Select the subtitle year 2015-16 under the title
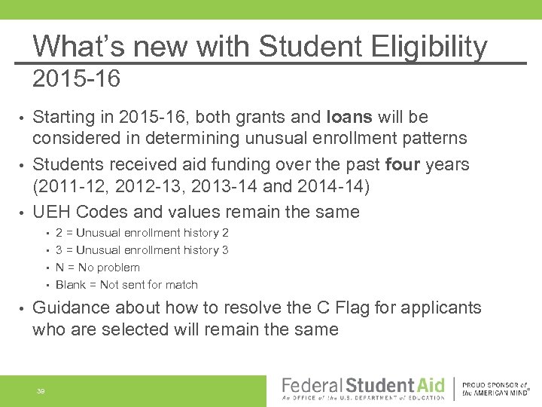pos(76,78)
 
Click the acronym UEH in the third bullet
pos(51,213)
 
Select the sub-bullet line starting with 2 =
pos(142,233)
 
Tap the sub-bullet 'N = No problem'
pos(97,268)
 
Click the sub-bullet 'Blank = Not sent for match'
pos(126,285)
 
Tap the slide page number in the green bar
pos(41,390)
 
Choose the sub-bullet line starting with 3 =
pos(142,250)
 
